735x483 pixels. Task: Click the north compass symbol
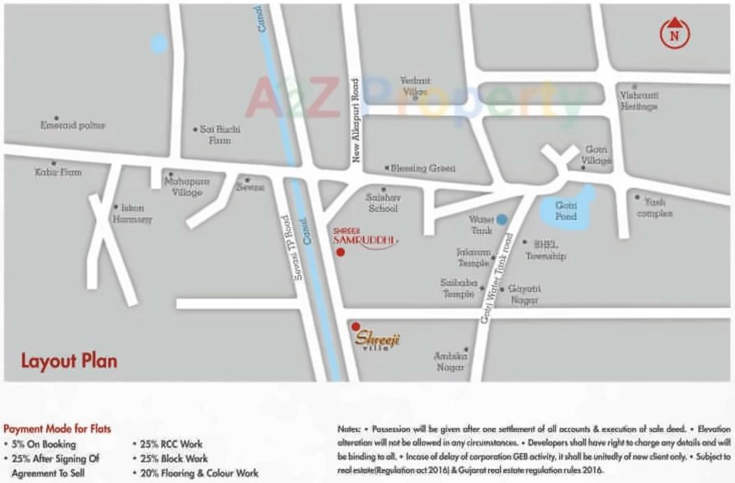tap(675, 33)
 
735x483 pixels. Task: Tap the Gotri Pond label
tap(566, 211)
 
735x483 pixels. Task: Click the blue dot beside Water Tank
tap(502, 220)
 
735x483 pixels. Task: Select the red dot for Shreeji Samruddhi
tap(340, 252)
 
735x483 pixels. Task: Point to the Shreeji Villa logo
tap(377, 339)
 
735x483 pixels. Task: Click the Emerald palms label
tap(73, 126)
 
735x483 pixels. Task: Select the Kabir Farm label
tap(58, 172)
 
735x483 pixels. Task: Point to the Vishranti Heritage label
tap(639, 102)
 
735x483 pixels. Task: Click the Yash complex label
tap(654, 208)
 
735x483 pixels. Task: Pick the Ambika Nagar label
tap(451, 362)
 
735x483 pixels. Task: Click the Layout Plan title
tap(69, 361)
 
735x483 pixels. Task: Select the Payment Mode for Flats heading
tap(57, 429)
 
